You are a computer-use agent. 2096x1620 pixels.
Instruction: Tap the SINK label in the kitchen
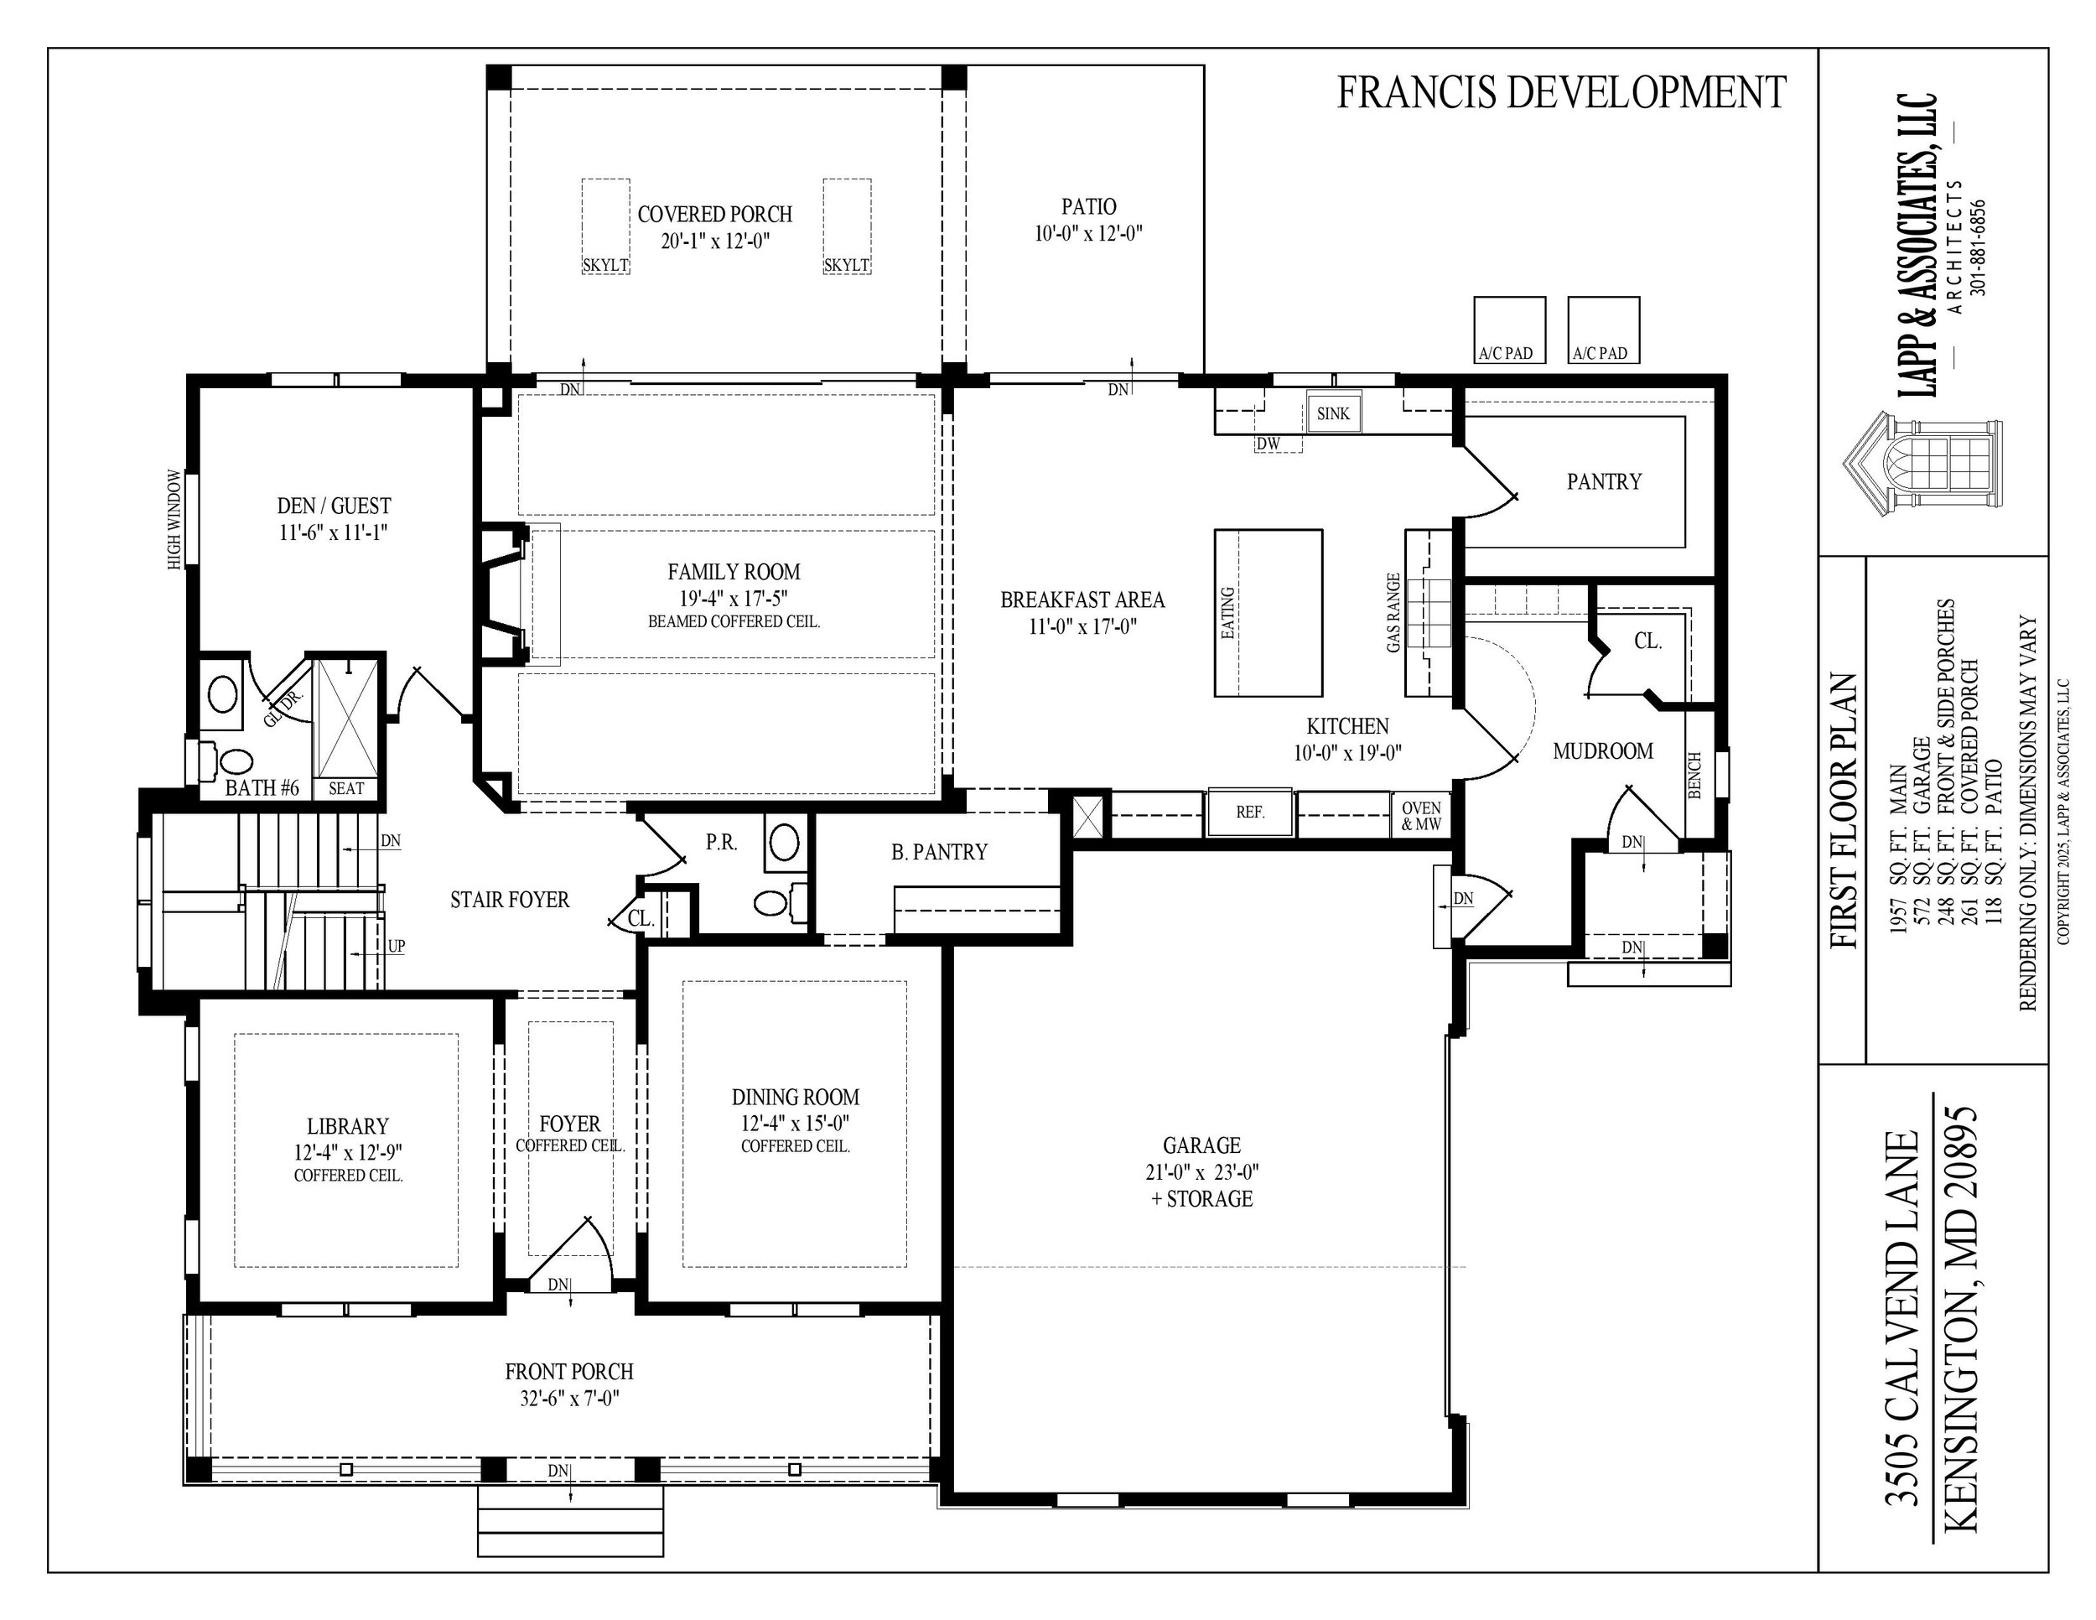1333,413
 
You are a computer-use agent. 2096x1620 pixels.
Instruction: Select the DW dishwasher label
1268,444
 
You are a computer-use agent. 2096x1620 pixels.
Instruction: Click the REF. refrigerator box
1249,812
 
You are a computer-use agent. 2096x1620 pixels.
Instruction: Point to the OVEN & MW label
1420,816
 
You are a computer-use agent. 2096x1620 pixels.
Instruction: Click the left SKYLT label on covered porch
605,265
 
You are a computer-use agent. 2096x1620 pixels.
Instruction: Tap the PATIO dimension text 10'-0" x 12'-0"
1088,233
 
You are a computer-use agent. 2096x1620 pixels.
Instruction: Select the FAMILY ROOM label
734,572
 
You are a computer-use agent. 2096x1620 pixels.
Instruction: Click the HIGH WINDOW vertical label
174,519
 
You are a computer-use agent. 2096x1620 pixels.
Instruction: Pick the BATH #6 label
262,788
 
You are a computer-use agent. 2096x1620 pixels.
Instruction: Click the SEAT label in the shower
345,788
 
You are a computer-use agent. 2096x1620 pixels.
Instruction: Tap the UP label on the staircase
397,947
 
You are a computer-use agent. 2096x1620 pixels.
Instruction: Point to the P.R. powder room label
722,843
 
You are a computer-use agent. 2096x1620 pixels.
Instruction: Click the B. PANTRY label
939,852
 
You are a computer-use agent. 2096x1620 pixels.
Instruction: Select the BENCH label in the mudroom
1695,775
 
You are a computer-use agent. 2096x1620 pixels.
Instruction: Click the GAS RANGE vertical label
1393,613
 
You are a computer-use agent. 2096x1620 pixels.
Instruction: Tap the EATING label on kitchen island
1227,613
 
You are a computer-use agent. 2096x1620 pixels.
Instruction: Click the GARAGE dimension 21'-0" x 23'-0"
1201,1171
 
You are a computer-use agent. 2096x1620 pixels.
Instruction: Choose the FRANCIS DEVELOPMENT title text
1560,93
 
